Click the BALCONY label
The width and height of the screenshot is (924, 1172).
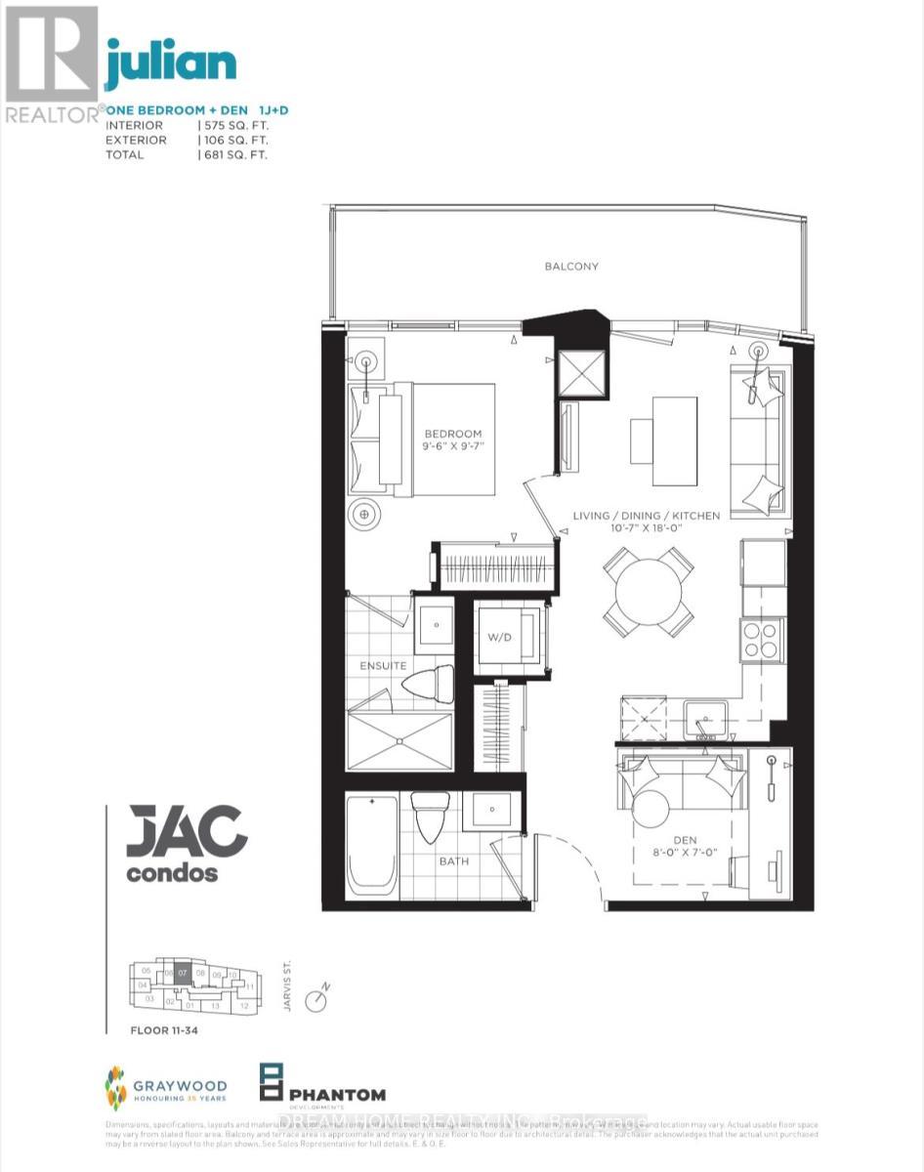(572, 266)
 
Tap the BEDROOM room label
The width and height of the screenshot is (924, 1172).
(452, 434)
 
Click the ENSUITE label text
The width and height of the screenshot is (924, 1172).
(382, 665)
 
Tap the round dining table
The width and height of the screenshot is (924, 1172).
(649, 590)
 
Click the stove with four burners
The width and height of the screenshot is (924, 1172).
(762, 640)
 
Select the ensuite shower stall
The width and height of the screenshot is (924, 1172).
(399, 741)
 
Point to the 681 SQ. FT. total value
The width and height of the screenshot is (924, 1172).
(234, 154)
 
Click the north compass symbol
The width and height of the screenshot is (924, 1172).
(315, 1000)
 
